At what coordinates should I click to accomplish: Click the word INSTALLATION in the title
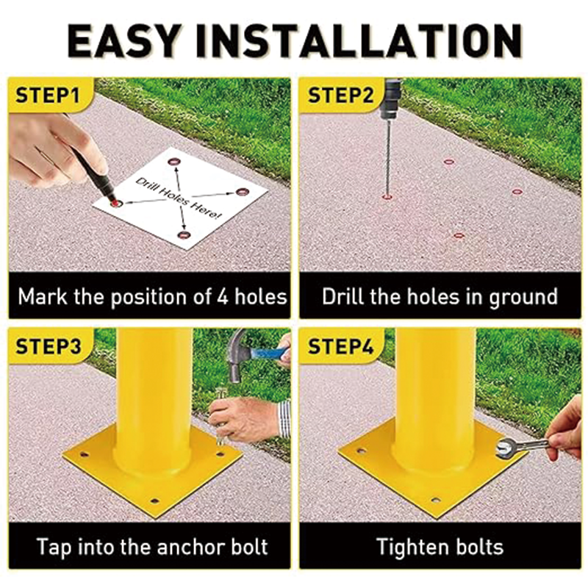[359, 40]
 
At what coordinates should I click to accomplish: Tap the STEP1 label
[47, 95]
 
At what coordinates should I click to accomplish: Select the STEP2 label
[340, 95]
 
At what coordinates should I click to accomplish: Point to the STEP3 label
[48, 345]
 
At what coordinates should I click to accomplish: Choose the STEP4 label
[340, 345]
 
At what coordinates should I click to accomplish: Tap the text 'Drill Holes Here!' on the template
[178, 198]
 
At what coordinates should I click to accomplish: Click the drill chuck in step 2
[390, 99]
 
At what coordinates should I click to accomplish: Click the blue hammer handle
[269, 354]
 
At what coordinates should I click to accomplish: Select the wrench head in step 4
[506, 448]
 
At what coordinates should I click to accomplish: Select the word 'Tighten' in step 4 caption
[409, 548]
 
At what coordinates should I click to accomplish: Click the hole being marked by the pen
[116, 204]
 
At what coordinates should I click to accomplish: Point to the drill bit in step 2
[388, 157]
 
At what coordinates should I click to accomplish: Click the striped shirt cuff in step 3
[284, 419]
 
